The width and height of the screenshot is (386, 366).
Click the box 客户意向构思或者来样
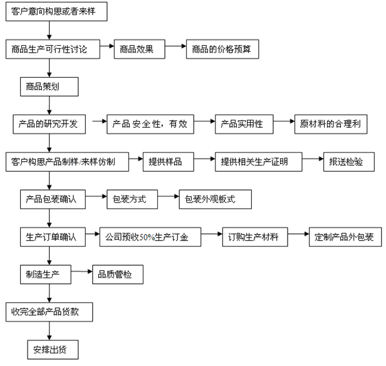pyautogui.click(x=56, y=11)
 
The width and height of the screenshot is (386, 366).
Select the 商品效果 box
pyautogui.click(x=139, y=50)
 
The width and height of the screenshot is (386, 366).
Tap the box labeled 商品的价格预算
pyautogui.click(x=222, y=50)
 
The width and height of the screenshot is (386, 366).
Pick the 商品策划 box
pyautogui.click(x=50, y=86)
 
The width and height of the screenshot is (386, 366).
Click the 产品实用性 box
pyautogui.click(x=244, y=124)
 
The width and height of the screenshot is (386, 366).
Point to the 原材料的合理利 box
pyautogui.click(x=331, y=124)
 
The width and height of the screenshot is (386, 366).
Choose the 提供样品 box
pyautogui.click(x=169, y=162)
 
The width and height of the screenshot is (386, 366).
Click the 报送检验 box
pyautogui.click(x=349, y=162)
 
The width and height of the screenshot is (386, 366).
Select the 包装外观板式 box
pyautogui.click(x=215, y=199)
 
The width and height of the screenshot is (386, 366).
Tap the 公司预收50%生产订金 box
pyautogui.click(x=150, y=237)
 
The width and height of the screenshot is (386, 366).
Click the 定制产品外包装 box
pyautogui.click(x=345, y=237)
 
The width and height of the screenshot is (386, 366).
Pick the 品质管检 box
pyautogui.click(x=118, y=274)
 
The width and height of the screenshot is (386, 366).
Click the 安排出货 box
pyautogui.click(x=53, y=350)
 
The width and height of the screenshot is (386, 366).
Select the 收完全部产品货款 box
pyautogui.click(x=50, y=312)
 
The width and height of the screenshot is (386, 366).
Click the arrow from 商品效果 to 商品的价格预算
pyautogui.click(x=175, y=46)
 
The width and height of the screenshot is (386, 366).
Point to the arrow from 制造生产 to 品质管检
pyautogui.click(x=81, y=271)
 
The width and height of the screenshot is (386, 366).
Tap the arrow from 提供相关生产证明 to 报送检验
pyautogui.click(x=313, y=159)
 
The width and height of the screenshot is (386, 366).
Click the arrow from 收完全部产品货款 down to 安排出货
pyautogui.click(x=50, y=331)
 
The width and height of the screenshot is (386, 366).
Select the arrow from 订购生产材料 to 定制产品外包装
pyautogui.click(x=298, y=234)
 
